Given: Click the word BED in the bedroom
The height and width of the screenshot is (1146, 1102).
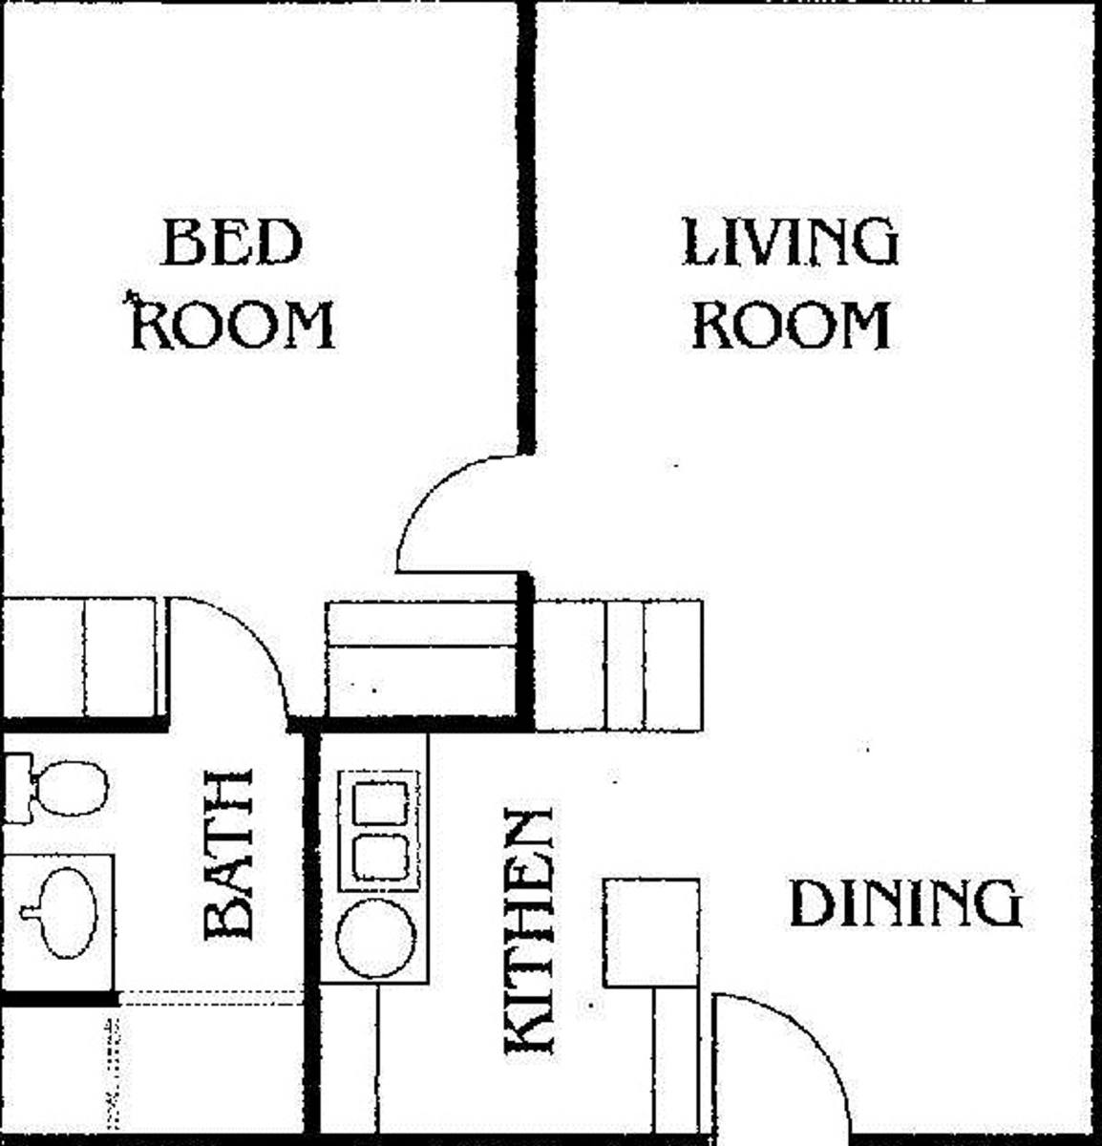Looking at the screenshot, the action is coord(231,242).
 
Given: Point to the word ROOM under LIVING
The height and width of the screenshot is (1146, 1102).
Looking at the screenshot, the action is coord(791,325).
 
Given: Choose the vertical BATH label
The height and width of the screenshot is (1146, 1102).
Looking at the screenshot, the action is coord(228,854).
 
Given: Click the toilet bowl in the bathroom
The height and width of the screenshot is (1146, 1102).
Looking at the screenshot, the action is coord(72,789).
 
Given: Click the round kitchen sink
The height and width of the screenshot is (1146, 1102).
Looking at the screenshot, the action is coord(376,937).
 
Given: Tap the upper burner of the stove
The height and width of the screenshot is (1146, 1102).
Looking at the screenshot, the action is coord(380,803).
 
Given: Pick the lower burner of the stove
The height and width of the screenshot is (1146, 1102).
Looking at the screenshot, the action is coord(380,857).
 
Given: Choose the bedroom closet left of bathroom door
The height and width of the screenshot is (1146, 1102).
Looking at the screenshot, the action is coord(82,657).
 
